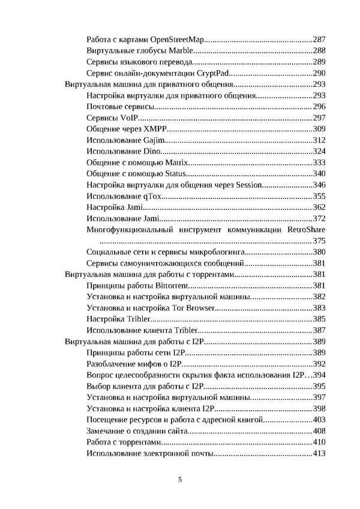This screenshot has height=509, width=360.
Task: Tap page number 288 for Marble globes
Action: [x=319, y=50]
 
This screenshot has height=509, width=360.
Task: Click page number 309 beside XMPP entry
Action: [x=319, y=129]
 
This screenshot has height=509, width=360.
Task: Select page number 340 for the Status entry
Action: [x=319, y=174]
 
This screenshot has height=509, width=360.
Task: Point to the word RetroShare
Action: [x=307, y=230]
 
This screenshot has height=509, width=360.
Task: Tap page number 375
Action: [x=319, y=240]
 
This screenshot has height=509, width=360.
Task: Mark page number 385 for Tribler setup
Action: [x=319, y=319]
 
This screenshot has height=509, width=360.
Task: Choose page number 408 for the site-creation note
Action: [x=319, y=431]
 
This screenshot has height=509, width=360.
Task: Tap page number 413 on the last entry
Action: [x=319, y=453]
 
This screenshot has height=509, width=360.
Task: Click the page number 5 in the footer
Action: [x=180, y=480]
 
